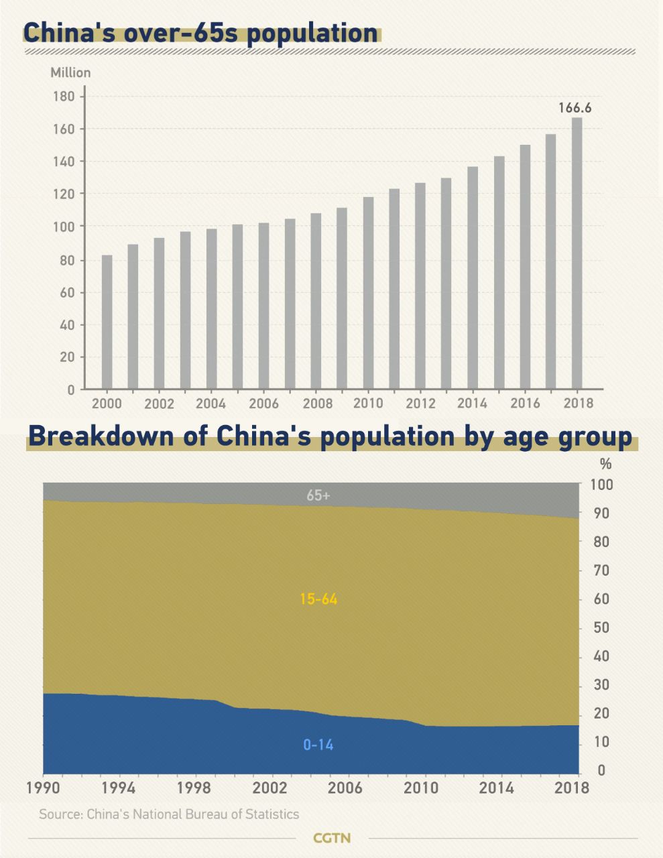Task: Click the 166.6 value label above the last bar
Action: click(x=575, y=107)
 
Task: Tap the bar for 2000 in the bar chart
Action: click(x=107, y=322)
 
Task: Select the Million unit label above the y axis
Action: click(x=70, y=72)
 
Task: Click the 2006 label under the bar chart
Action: click(x=263, y=404)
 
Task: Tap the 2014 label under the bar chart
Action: click(x=472, y=404)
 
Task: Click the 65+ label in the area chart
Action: click(x=318, y=496)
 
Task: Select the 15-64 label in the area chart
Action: click(x=318, y=599)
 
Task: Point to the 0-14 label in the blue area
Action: click(x=318, y=745)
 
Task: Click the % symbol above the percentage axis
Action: click(x=606, y=464)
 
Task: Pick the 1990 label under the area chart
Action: click(x=44, y=787)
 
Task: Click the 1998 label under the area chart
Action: click(x=194, y=787)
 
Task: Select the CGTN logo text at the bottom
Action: click(x=332, y=838)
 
